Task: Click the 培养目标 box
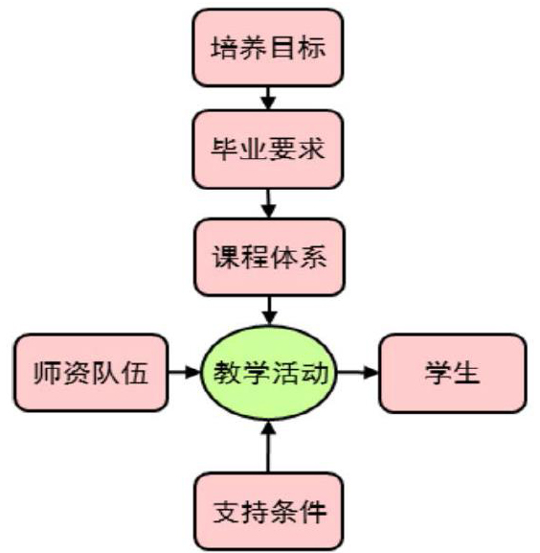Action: coord(268,48)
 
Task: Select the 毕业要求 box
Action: coord(268,150)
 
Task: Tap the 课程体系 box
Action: coord(269,257)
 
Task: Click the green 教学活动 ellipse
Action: coord(269,373)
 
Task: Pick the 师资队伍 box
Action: coord(91,373)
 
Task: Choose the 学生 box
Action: coord(453,373)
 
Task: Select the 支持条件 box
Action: coord(269,512)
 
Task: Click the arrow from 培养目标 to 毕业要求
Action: coord(268,99)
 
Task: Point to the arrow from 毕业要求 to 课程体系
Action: coord(269,203)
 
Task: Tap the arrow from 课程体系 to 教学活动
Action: coord(269,311)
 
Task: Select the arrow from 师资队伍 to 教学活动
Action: coord(184,372)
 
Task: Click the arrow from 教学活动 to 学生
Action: coord(358,373)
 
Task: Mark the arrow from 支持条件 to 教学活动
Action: coord(269,447)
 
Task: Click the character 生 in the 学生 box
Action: coord(467,373)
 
